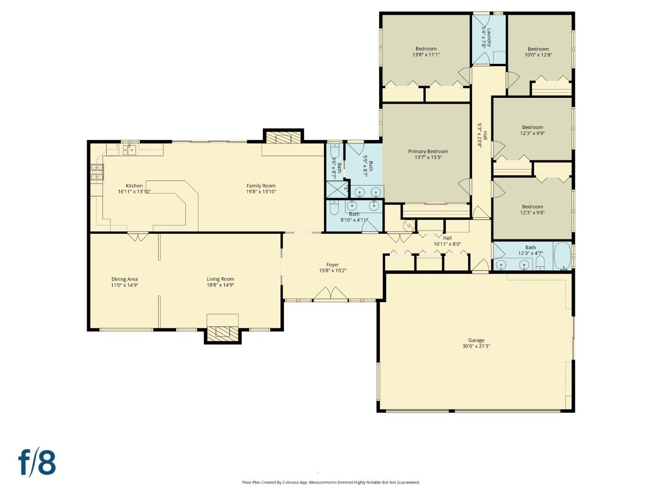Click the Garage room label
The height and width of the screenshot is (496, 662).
point(476,340)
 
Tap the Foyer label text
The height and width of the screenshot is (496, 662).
point(332,265)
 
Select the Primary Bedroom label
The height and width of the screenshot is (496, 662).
point(428,152)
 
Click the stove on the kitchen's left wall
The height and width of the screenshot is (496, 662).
point(97,171)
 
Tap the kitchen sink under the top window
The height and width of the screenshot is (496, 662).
point(129,150)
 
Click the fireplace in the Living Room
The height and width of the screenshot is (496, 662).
point(223,333)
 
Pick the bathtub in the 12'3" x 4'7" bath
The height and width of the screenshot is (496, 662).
point(562,256)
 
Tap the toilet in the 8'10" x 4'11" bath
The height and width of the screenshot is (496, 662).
point(334,209)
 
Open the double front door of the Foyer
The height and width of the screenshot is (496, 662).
point(331,295)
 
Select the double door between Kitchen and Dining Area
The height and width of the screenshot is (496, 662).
point(137,237)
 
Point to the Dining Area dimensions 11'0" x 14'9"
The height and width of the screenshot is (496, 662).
point(125,285)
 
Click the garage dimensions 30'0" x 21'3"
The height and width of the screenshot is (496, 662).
point(476,346)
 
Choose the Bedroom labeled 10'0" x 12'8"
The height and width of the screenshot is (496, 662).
point(538,52)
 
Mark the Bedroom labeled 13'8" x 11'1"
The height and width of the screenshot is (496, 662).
point(426,51)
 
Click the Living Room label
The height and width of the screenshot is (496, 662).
point(220,279)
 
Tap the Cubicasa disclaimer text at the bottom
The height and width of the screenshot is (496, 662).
point(331,482)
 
